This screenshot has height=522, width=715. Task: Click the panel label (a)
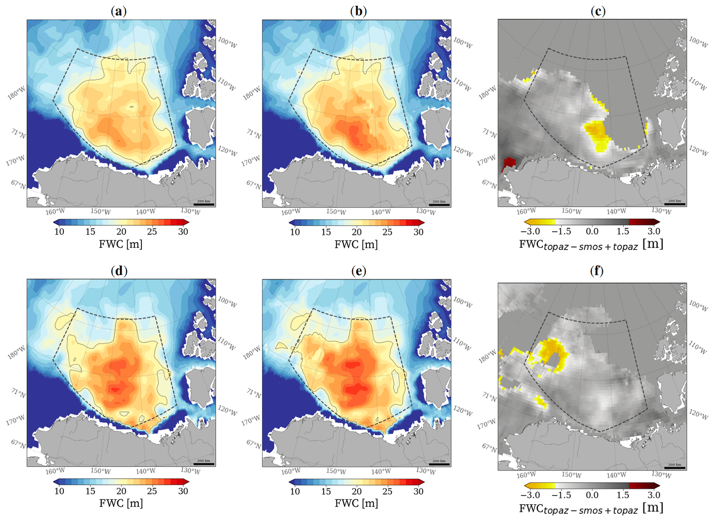[x=119, y=11]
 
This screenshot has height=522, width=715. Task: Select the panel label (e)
[x=358, y=271]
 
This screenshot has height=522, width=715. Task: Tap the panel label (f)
[x=597, y=271]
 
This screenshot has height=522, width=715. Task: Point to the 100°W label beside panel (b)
[x=463, y=43]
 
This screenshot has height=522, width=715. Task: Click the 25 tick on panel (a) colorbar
[x=152, y=232]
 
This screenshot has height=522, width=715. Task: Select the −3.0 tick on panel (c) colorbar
[x=530, y=231]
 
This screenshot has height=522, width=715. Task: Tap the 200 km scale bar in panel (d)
[x=204, y=464]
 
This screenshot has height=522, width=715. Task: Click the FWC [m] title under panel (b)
[x=356, y=244]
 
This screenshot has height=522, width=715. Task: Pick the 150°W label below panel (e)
[x=336, y=471]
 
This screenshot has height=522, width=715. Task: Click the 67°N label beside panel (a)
[x=18, y=185]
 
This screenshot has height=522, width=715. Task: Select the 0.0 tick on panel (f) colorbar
[x=592, y=495]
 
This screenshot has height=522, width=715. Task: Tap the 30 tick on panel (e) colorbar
[x=419, y=491]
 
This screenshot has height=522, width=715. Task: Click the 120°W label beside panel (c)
[x=698, y=151]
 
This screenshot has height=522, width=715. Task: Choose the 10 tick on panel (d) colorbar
[x=59, y=491]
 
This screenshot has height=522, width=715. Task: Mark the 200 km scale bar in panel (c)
[x=675, y=204]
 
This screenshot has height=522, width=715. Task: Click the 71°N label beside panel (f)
[x=489, y=396]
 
